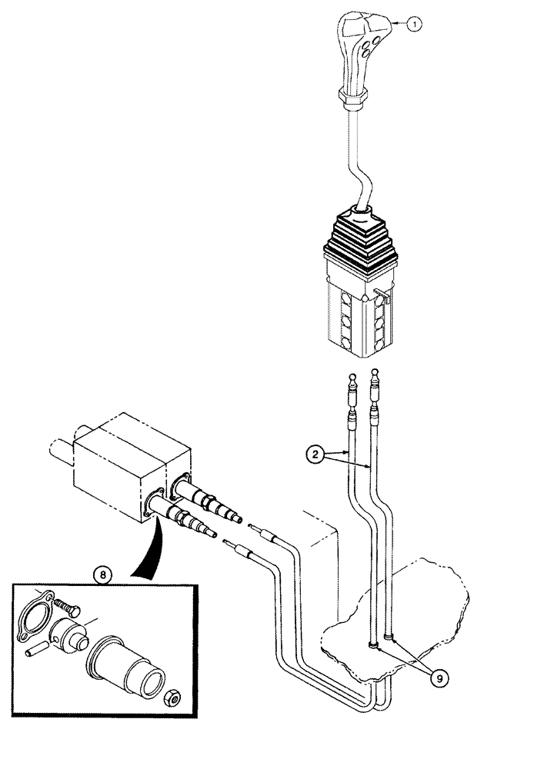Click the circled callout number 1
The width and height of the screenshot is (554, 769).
coord(415,25)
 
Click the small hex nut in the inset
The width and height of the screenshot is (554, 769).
coord(175,699)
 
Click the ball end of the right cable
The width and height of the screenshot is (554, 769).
coord(375,372)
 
